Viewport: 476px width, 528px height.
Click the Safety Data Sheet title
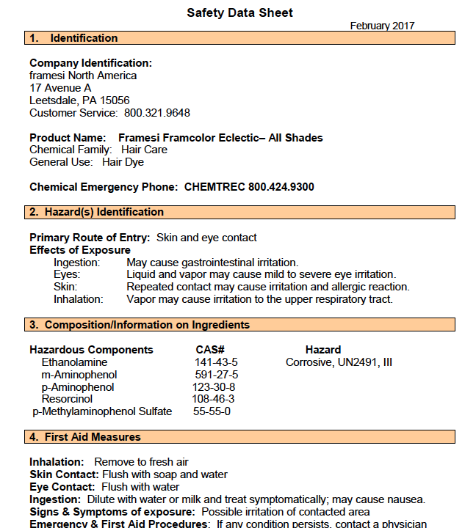[x=239, y=12]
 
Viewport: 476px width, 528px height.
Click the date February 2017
[x=382, y=26]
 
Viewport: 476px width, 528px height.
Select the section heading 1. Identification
[x=73, y=38]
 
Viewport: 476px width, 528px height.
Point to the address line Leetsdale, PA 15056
[x=79, y=100]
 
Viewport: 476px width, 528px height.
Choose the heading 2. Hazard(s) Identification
[x=96, y=212]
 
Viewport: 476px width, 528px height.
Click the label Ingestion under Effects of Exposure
[x=77, y=263]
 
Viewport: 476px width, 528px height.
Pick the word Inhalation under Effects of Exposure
[x=79, y=299]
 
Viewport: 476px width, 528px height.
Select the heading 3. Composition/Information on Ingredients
[x=140, y=325]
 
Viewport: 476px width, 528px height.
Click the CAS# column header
[x=210, y=350]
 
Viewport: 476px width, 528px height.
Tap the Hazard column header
[x=323, y=350]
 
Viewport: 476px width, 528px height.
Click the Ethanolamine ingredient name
[x=74, y=362]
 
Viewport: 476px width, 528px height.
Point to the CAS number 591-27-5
[x=217, y=375]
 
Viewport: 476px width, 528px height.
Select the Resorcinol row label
[x=67, y=399]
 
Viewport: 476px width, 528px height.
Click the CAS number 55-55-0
[x=212, y=411]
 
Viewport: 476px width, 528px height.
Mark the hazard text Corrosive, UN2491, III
[x=339, y=362]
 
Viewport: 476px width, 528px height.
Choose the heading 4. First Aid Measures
[x=84, y=437]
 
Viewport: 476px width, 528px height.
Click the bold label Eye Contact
[x=62, y=487]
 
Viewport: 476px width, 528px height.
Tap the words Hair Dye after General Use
[x=123, y=162]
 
